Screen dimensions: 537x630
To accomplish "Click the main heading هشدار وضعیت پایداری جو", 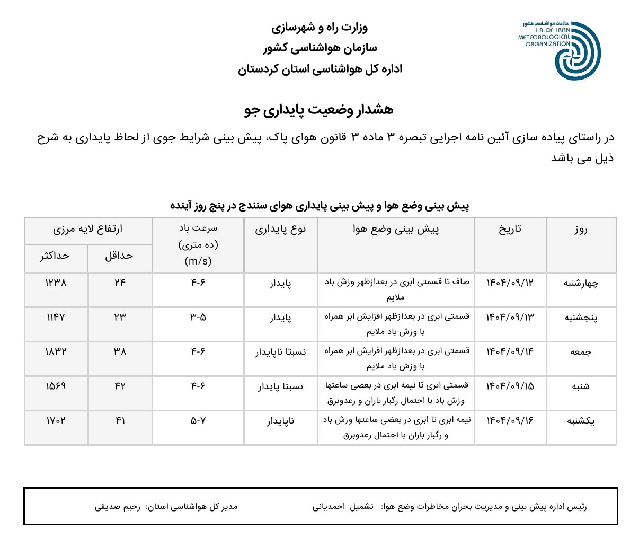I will pos(319,110).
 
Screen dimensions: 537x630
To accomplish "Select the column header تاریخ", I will pos(510,229).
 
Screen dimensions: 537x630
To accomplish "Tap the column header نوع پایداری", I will pos(280,229).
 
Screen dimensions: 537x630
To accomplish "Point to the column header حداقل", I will pos(119,256).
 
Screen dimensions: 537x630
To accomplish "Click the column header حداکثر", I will pos(55,256).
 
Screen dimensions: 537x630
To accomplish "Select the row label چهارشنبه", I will pos(581,283).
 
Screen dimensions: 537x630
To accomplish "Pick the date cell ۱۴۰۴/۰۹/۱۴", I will pos(510,351).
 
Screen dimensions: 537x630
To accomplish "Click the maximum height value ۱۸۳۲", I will pos(56,351).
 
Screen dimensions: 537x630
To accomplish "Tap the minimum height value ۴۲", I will pos(120,386).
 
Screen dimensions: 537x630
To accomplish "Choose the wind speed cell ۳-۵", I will pos(198,318).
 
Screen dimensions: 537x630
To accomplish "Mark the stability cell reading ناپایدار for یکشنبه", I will pos(280,421).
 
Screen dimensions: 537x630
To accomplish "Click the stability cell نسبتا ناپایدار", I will pos(280,352).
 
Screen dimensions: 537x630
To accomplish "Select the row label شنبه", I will pos(581,386).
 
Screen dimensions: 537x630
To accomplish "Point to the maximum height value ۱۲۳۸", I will pos(56,283).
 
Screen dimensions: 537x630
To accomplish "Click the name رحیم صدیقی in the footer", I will pos(118,507).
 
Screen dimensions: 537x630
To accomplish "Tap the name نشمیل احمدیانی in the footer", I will pos(343,507).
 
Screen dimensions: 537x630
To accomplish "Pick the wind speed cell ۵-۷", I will pos(198,421).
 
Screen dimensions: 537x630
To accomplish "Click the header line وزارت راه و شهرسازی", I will pos(320,27).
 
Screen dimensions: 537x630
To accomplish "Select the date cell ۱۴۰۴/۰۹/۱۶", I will pos(510,421).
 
